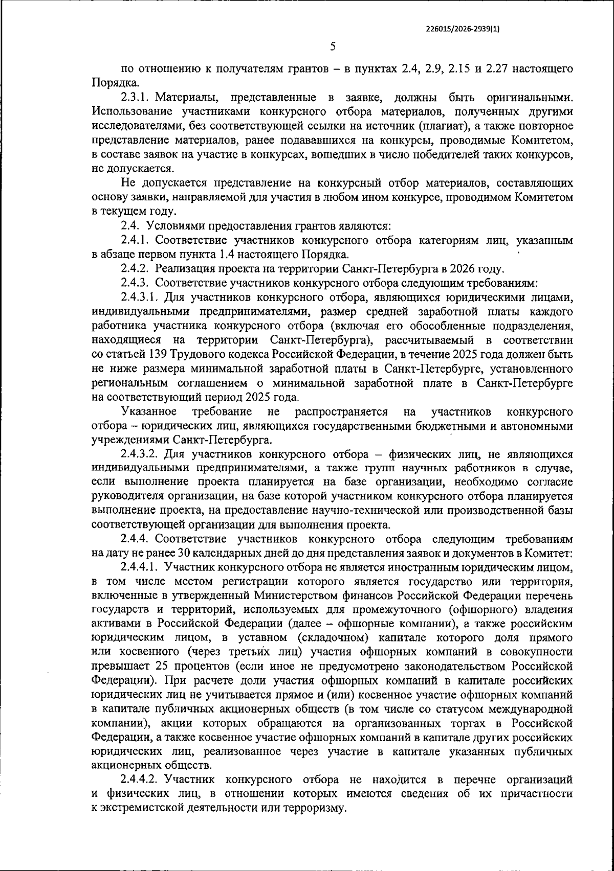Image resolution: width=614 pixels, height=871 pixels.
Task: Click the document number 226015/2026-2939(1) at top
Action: click(x=463, y=30)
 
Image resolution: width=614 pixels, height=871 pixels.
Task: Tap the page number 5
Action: click(x=333, y=47)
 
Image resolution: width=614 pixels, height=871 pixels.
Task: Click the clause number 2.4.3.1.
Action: click(x=140, y=297)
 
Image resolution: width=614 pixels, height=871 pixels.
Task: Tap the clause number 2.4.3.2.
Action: click(x=140, y=454)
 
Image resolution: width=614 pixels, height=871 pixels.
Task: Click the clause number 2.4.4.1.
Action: click(x=140, y=567)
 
